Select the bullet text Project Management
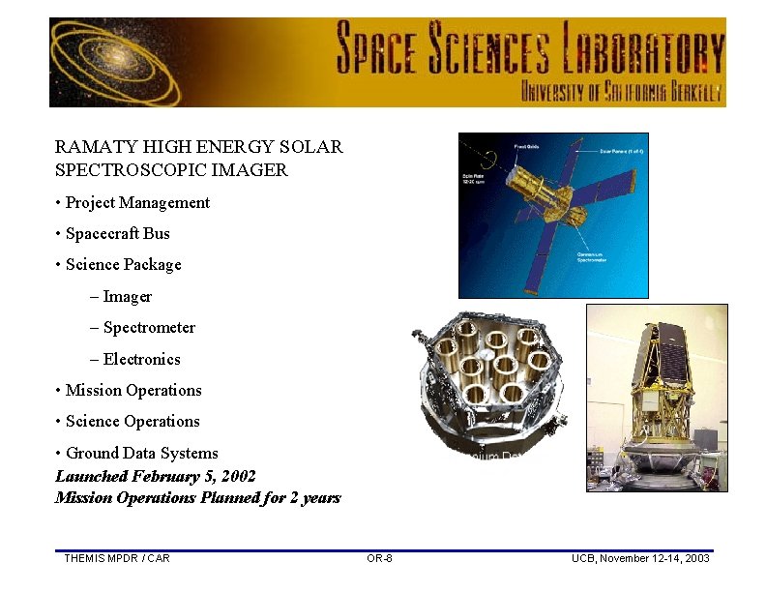pos(137,202)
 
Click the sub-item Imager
pos(127,296)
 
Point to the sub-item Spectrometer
pos(149,327)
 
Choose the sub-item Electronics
pos(141,359)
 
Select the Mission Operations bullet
pos(133,390)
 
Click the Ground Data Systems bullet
pos(141,453)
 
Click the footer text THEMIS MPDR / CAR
pos(116,558)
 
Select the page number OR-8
pos(379,558)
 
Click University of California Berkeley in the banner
pos(622,93)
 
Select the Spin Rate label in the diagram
pos(475,179)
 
